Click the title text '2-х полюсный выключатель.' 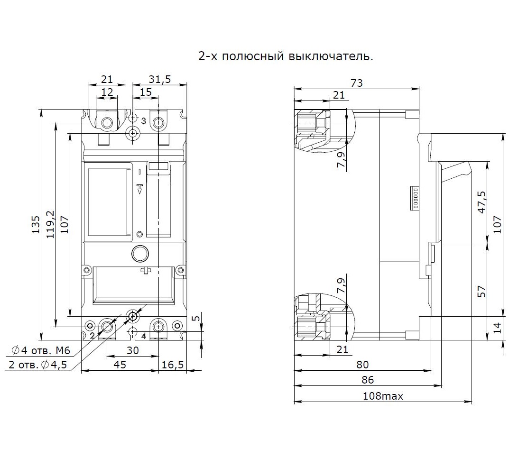pos(285,56)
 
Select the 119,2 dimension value pos(50,225)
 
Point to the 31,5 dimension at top pos(159,79)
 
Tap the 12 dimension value pos(107,92)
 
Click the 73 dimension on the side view pos(356,83)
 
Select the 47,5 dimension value pos(482,203)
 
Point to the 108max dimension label pos(383,396)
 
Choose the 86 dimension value pos(368,380)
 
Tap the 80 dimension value pos(362,365)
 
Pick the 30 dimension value pos(132,350)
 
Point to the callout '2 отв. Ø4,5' pos(37,365)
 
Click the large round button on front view pos(140,254)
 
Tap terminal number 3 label pos(143,121)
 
